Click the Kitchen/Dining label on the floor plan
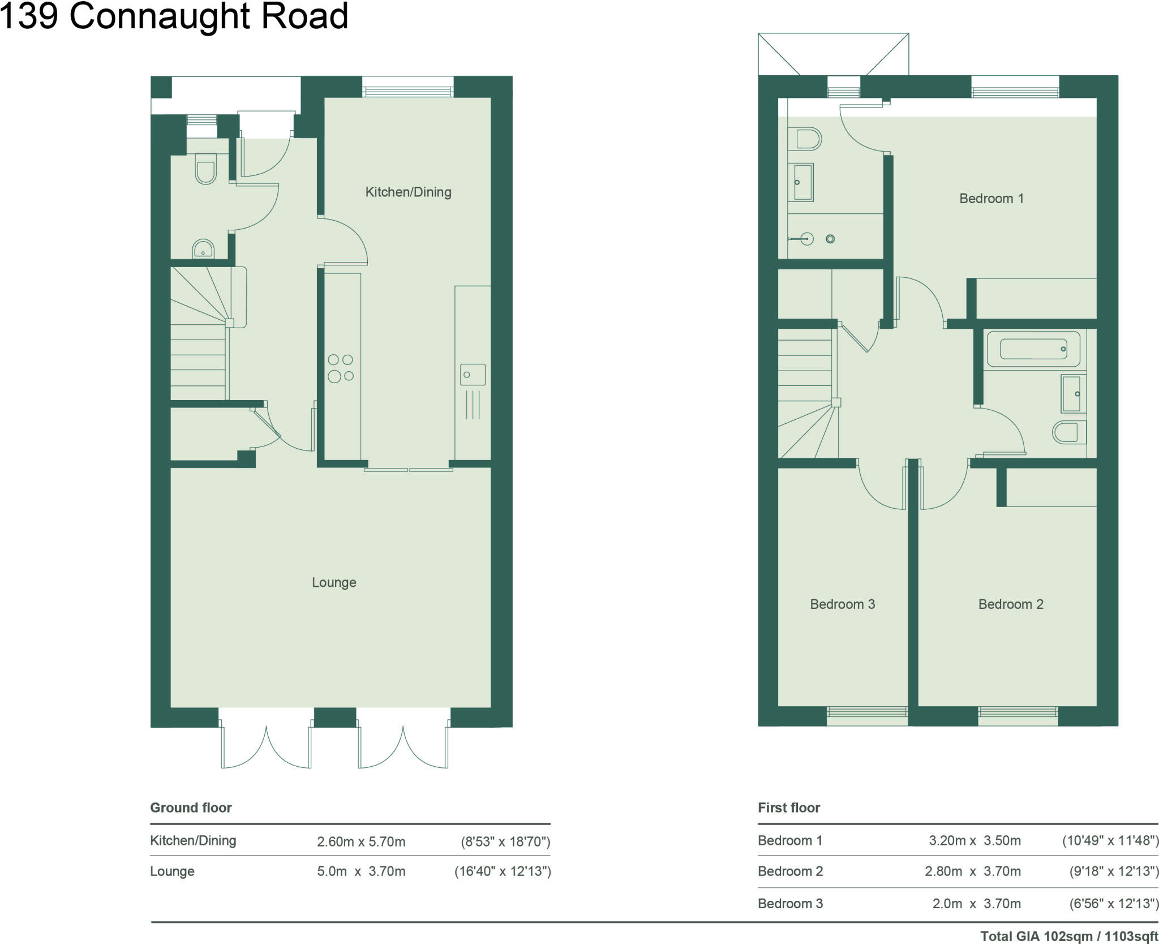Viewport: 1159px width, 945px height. [408, 192]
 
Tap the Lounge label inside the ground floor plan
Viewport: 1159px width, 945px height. [334, 582]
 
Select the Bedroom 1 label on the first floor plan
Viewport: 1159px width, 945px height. [991, 199]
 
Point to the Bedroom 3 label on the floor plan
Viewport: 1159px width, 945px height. [842, 604]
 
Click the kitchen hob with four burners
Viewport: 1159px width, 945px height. [341, 368]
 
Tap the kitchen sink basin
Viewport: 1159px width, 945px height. [473, 375]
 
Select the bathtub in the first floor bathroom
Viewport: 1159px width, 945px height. [1033, 349]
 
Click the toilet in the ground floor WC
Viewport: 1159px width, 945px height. [205, 169]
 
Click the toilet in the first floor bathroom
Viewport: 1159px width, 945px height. [1068, 432]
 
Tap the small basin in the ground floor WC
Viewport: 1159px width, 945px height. [203, 249]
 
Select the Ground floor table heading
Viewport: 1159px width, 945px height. [191, 807]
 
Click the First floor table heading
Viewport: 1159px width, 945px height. [789, 807]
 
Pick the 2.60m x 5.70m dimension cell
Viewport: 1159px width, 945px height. [361, 841]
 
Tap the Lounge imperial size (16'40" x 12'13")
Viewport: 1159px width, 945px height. [503, 871]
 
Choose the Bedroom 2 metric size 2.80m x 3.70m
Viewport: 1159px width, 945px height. [973, 871]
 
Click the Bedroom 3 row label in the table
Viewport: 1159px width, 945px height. [790, 904]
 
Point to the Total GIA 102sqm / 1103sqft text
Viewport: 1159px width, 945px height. [1069, 937]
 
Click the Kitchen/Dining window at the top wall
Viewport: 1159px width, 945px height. [407, 91]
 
